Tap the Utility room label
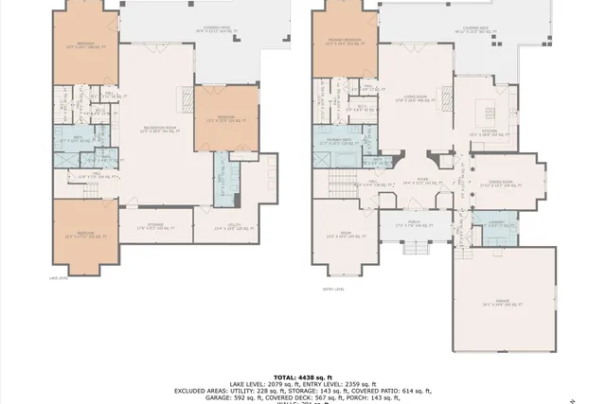[219, 226]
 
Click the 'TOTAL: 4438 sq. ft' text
[303, 377]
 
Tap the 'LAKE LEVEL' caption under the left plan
[58, 278]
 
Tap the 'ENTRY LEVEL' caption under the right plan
[333, 290]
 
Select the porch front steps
[415, 248]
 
